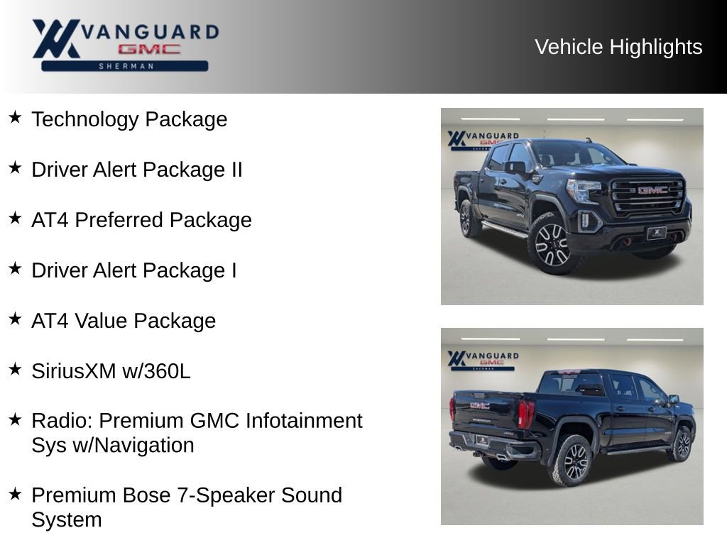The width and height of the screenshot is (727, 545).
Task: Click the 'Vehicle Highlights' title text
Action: point(618,47)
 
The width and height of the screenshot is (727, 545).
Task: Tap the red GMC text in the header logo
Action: point(149,50)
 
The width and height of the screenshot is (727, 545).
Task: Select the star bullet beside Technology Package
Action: point(15,117)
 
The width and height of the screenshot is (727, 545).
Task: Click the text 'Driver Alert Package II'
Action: point(137,170)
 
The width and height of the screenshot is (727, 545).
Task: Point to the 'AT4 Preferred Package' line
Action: point(141,220)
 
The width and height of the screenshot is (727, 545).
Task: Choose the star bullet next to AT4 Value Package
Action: point(15,319)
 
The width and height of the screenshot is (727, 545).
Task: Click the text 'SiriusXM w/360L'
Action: point(111,371)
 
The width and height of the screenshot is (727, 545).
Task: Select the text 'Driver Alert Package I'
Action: point(134,270)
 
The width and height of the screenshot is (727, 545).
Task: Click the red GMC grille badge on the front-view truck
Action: point(652,190)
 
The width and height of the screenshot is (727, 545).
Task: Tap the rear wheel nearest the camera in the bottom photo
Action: point(574,461)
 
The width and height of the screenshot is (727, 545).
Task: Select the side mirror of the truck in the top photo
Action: point(516,167)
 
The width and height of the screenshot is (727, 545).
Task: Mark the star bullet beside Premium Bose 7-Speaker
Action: point(15,493)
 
